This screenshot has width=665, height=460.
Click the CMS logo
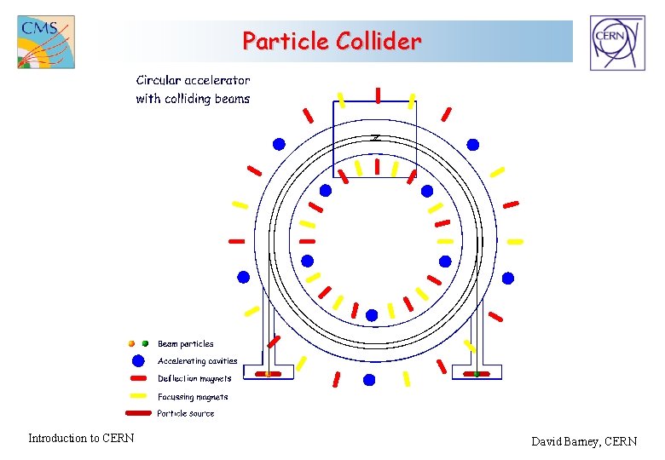[x=46, y=42]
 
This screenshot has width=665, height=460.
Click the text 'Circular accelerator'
[x=193, y=80]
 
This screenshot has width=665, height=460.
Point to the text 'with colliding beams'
[x=193, y=99]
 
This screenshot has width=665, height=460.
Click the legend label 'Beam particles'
[x=185, y=344]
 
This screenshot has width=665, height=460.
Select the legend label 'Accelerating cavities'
[x=197, y=361]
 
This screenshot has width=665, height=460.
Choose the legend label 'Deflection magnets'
[x=194, y=378]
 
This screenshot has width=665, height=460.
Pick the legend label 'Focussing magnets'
[x=193, y=396]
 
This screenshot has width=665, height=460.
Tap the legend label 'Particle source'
[x=186, y=414]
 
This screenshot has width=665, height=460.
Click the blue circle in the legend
[x=138, y=360]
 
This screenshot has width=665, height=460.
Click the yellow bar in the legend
[x=139, y=396]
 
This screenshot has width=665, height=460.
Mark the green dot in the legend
[x=145, y=343]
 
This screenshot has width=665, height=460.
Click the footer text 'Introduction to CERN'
[x=81, y=439]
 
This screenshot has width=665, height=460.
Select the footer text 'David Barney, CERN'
[x=584, y=441]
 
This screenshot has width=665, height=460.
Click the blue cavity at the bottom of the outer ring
[x=369, y=378]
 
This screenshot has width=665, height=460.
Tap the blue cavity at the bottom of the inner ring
[x=372, y=315]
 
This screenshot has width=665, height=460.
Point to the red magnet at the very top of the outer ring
[x=377, y=95]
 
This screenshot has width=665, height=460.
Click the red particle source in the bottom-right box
[x=477, y=373]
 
